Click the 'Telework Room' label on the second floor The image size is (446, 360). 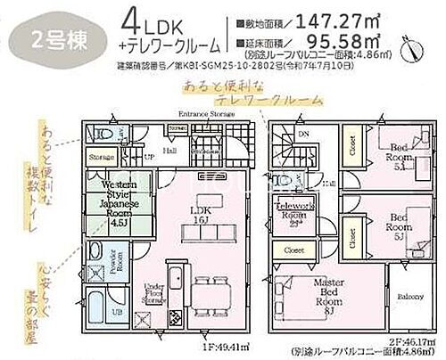(292, 215)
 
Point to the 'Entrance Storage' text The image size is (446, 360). (205, 114)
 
